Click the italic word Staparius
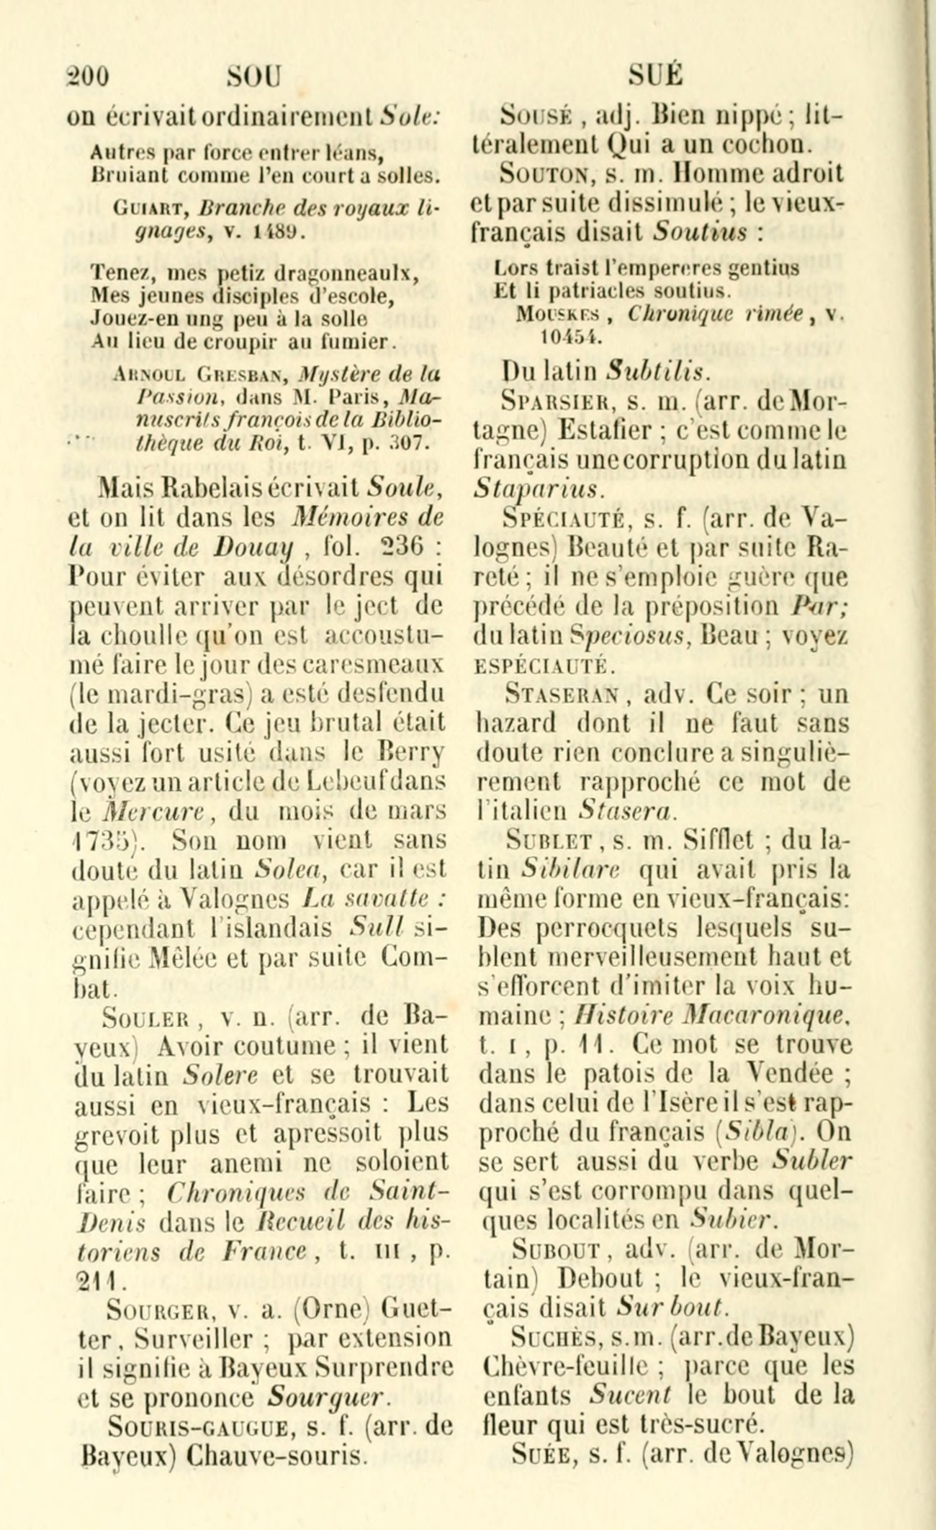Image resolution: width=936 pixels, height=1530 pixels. point(537,489)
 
